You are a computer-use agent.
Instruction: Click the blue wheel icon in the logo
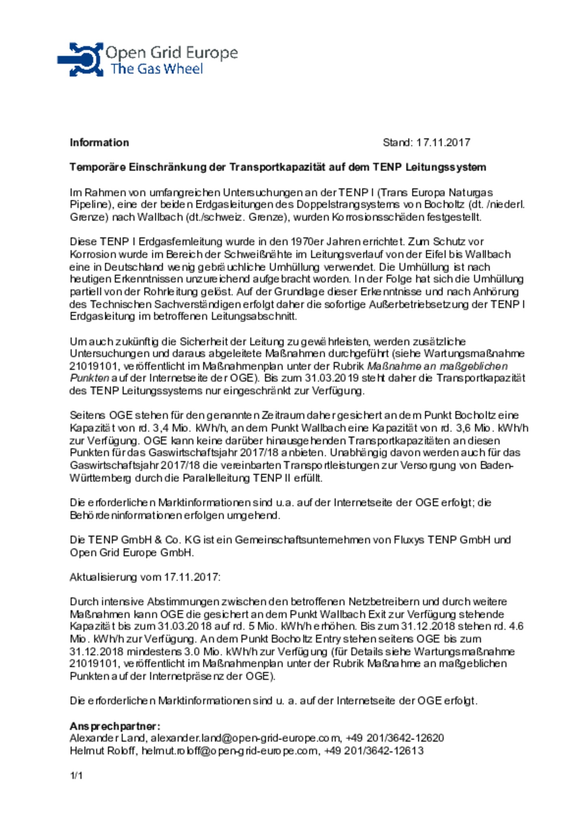(x=81, y=60)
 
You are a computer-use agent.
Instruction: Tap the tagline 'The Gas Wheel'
(x=157, y=69)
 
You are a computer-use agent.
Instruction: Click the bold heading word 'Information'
(x=99, y=143)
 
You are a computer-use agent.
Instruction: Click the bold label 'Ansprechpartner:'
(x=115, y=726)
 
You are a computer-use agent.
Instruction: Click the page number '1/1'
(x=76, y=776)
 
